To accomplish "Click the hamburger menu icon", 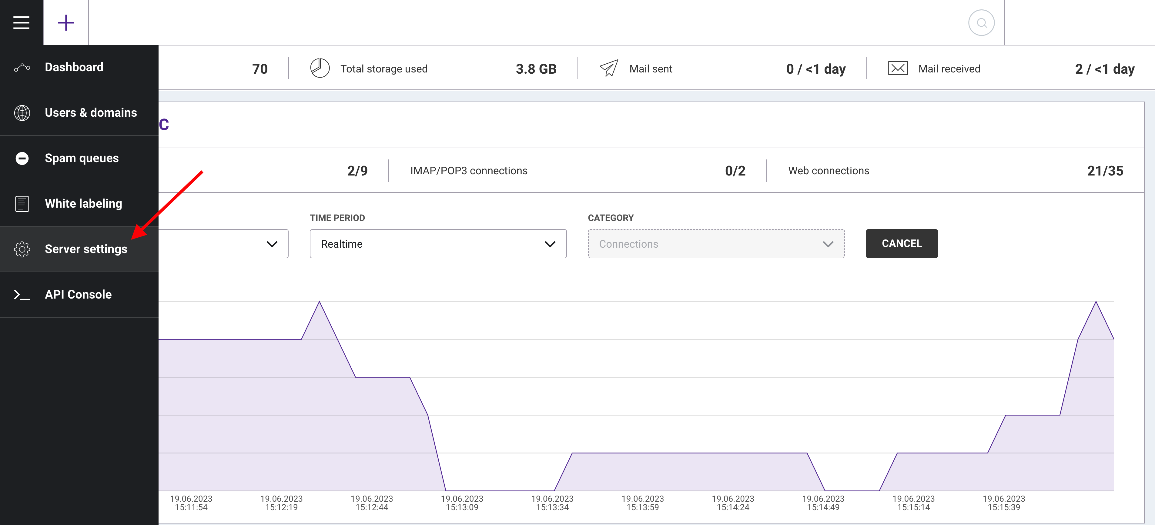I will [22, 22].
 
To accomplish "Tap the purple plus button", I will [66, 22].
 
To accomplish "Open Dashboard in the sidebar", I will [74, 67].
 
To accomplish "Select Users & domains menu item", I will [91, 112].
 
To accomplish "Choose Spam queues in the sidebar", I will [82, 158].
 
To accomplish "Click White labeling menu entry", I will [83, 204].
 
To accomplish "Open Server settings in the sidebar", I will [86, 249].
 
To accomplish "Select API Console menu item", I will [78, 295].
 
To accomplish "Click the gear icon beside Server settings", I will [22, 249].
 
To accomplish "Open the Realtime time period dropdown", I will [438, 244].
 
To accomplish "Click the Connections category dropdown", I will [716, 244].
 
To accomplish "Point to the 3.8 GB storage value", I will [536, 69].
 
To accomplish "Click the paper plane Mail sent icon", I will [609, 68].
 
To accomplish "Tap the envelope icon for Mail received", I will [898, 68].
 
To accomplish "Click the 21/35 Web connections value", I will [1105, 171].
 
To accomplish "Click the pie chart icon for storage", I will [320, 68].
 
